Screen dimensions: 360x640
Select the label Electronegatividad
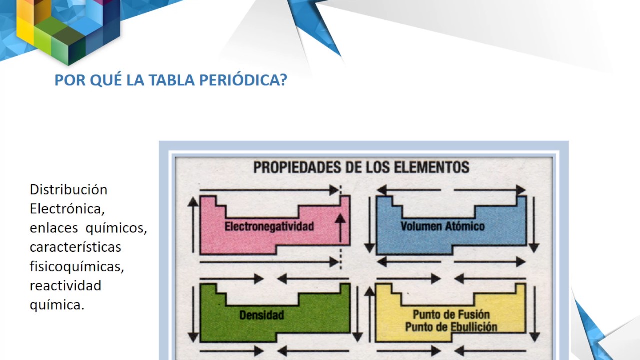(x=269, y=226)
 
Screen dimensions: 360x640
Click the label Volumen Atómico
(x=442, y=226)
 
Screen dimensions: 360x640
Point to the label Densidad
(x=261, y=315)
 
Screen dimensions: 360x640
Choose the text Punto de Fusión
(x=451, y=315)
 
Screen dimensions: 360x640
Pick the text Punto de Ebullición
(x=451, y=327)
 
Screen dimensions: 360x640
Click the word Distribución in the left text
(x=69, y=190)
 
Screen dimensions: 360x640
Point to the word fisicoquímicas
(x=76, y=267)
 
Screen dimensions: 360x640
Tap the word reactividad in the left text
(x=65, y=286)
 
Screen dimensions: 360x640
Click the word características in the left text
(x=75, y=247)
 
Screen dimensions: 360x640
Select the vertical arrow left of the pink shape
(x=193, y=225)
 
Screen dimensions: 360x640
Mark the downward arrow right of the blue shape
(x=534, y=225)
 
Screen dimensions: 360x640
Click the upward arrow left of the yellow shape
(x=370, y=315)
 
